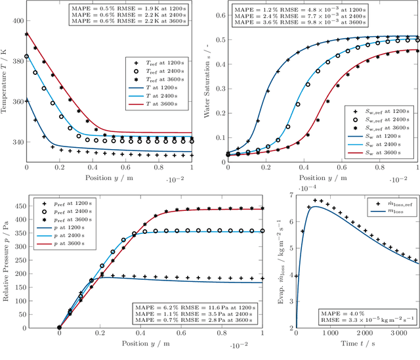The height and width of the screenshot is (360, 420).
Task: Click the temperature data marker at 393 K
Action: point(26,34)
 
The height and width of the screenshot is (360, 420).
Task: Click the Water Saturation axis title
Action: point(206,85)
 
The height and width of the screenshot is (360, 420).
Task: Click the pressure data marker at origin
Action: point(59,328)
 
